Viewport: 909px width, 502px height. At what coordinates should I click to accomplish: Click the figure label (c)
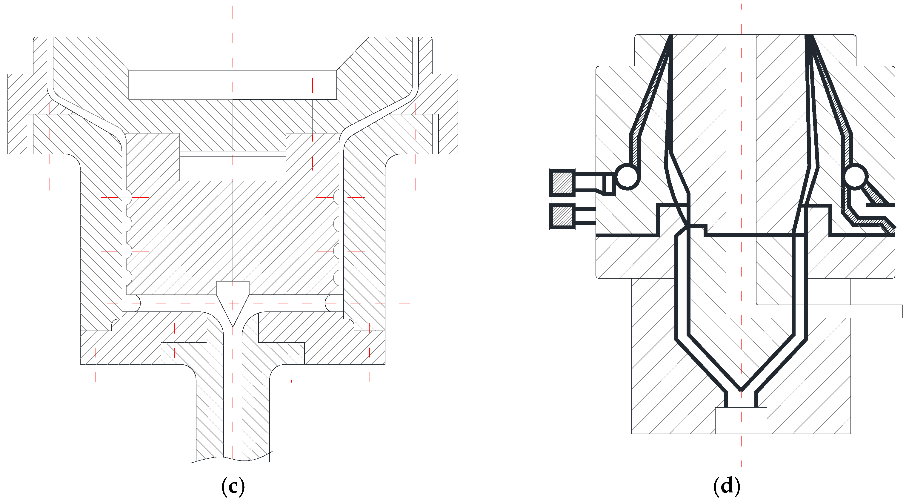click(233, 486)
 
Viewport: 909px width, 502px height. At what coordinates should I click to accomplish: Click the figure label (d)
click(727, 486)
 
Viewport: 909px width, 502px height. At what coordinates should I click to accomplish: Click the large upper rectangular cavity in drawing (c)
click(233, 85)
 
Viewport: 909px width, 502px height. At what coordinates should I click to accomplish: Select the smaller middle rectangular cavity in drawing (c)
click(233, 169)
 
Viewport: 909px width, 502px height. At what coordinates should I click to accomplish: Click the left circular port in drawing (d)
click(627, 176)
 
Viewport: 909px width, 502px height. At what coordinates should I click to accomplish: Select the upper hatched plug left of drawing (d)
click(562, 183)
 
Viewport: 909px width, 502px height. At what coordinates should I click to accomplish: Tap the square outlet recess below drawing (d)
click(741, 420)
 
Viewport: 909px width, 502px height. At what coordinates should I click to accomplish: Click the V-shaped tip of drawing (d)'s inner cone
click(741, 388)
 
